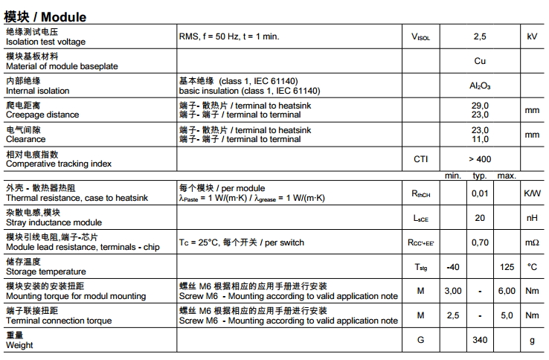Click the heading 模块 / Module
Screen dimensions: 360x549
click(45, 16)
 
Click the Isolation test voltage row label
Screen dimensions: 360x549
click(45, 42)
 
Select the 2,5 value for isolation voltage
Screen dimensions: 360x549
click(480, 36)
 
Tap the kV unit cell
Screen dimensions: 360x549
click(532, 36)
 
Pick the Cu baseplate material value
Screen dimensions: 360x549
click(480, 61)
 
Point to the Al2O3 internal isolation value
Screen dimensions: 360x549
click(480, 86)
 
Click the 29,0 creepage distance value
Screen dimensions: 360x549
click(480, 106)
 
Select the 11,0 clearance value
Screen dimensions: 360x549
click(480, 139)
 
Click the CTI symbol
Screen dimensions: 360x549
click(420, 159)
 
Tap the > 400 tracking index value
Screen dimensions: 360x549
click(480, 159)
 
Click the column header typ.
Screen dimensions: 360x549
click(480, 176)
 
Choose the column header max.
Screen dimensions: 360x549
click(507, 176)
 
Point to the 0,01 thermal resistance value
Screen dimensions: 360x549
click(480, 193)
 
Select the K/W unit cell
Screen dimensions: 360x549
click(532, 193)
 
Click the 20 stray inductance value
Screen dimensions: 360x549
click(480, 218)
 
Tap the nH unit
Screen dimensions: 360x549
click(532, 218)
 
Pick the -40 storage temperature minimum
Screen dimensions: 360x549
click(452, 267)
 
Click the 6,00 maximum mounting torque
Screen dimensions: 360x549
click(507, 291)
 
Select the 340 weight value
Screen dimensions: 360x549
click(480, 340)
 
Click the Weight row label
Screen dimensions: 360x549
click(20, 345)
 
